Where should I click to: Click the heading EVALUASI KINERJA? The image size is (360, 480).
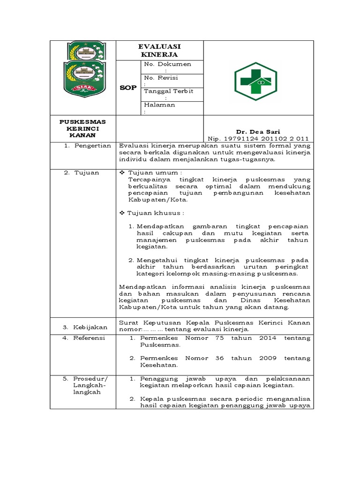click(159, 50)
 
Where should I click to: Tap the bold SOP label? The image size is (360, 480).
click(127, 88)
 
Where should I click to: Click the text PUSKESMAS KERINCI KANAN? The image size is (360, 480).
click(83, 128)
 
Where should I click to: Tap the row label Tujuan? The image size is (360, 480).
click(86, 172)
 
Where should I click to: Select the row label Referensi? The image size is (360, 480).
click(89, 337)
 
